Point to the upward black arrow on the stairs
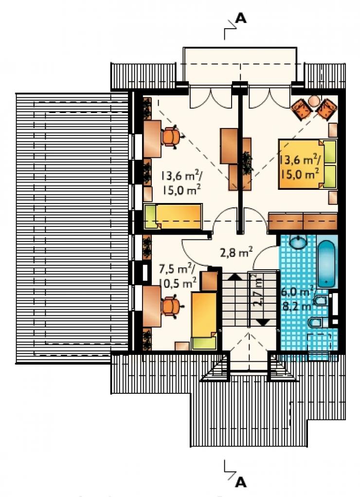(234, 276)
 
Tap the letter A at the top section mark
(241, 19)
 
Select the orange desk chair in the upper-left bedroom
(172, 137)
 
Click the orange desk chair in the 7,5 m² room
(172, 307)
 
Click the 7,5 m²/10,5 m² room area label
(178, 276)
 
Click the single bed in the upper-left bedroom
(173, 217)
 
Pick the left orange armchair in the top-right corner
(300, 109)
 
